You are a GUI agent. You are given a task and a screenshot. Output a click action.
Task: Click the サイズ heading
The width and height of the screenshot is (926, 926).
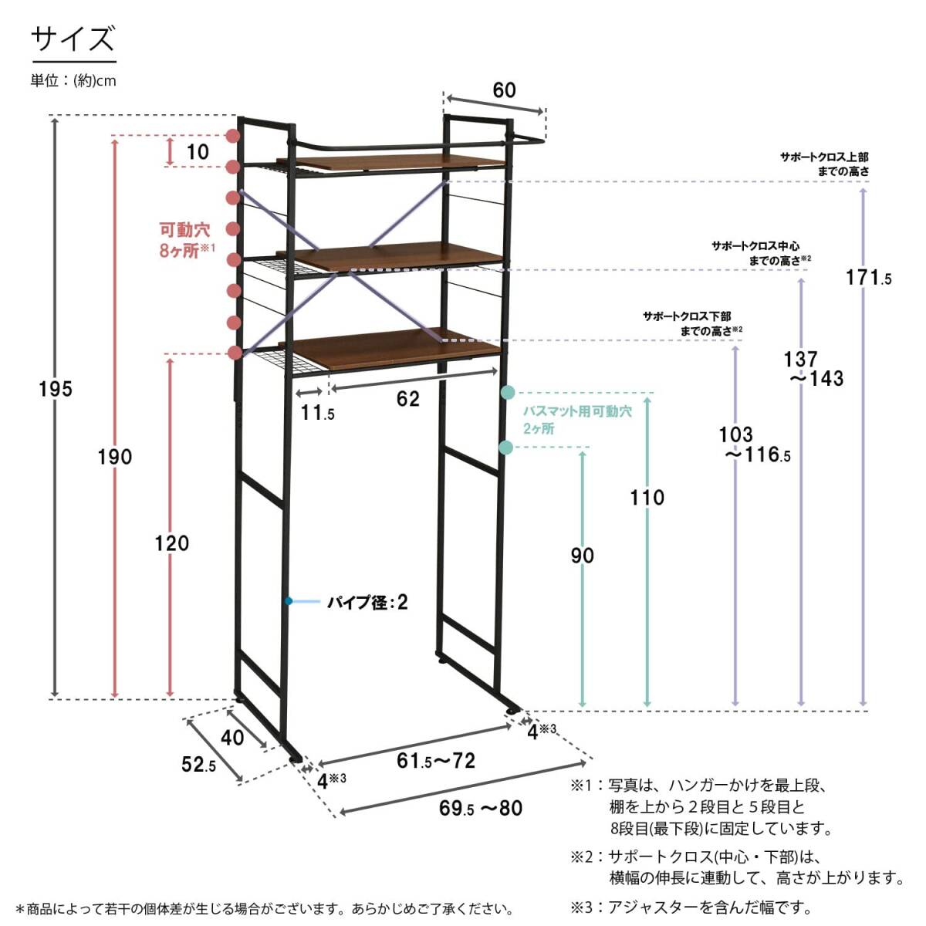click(x=73, y=39)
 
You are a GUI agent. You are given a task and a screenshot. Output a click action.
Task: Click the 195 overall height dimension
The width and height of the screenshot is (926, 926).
click(x=56, y=389)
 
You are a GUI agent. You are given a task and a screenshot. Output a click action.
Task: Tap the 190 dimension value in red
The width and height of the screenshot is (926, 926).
click(x=115, y=457)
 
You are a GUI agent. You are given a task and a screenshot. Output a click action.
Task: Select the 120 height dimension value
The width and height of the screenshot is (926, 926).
click(x=171, y=543)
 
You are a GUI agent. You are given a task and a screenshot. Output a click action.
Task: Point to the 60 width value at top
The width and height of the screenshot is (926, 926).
click(x=504, y=90)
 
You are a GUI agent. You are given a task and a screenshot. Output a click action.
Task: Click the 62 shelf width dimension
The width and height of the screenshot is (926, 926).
click(x=408, y=398)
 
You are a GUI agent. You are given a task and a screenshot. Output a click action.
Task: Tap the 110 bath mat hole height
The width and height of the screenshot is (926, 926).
click(x=647, y=498)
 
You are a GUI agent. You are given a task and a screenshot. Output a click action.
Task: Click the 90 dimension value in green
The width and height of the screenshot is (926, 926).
click(x=583, y=556)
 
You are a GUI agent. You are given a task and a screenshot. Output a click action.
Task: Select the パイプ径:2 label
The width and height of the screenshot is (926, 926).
click(x=367, y=602)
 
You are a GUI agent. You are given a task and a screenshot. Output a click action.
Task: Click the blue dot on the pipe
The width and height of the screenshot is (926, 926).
click(x=288, y=601)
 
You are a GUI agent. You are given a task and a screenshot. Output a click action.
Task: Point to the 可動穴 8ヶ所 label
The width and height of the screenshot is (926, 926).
click(x=186, y=239)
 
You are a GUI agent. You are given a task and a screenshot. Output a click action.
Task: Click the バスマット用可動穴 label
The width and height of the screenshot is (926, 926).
click(x=577, y=419)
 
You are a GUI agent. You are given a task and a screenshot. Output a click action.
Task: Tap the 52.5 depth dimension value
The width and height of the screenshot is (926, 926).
click(x=199, y=765)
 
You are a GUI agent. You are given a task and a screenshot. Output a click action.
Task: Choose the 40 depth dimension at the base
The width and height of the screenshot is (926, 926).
click(x=232, y=737)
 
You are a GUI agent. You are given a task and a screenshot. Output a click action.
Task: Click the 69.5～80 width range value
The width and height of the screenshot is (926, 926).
click(x=481, y=808)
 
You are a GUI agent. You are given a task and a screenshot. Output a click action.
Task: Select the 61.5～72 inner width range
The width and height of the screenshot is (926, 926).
click(x=436, y=761)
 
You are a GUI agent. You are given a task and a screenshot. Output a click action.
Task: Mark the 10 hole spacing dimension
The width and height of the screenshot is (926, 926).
click(x=198, y=151)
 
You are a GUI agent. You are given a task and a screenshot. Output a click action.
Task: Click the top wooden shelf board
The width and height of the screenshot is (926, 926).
click(x=401, y=161)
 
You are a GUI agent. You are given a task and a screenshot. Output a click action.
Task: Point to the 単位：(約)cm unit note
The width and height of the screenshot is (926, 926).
click(x=73, y=80)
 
